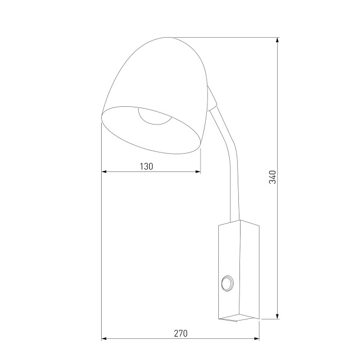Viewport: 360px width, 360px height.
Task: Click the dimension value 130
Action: [x=147, y=166]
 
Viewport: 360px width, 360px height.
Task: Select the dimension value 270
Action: [x=180, y=333]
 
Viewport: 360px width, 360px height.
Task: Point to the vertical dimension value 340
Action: [x=273, y=177]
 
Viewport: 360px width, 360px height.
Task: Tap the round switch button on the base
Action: [x=227, y=282]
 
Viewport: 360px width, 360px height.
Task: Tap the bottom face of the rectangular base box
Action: [x=239, y=318]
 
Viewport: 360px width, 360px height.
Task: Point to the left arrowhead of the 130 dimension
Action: [x=104, y=171]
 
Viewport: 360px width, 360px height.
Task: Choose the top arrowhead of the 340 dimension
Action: [x=277, y=41]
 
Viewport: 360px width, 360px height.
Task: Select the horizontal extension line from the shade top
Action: [x=229, y=38]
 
